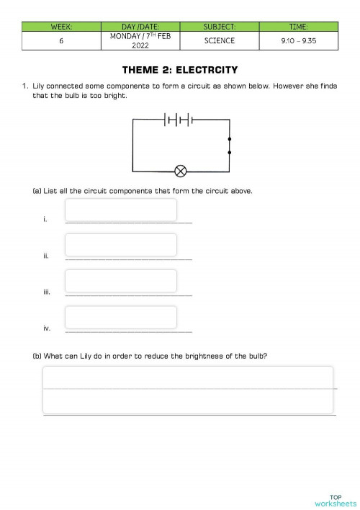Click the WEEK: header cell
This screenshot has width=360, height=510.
click(61, 27)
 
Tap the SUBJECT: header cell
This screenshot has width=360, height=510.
click(219, 27)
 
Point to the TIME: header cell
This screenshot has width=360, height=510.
click(298, 27)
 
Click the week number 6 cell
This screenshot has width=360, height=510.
click(61, 41)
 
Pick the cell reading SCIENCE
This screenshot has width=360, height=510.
click(219, 41)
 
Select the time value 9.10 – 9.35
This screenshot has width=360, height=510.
click(298, 41)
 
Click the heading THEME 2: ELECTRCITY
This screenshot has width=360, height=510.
click(180, 70)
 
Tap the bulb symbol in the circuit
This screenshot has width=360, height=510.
click(181, 171)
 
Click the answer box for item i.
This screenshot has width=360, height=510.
click(121, 210)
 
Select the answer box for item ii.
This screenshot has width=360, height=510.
click(121, 245)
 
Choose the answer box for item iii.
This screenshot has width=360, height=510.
click(121, 281)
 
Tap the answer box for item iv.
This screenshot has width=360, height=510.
click(121, 317)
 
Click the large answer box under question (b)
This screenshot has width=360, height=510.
click(188, 390)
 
